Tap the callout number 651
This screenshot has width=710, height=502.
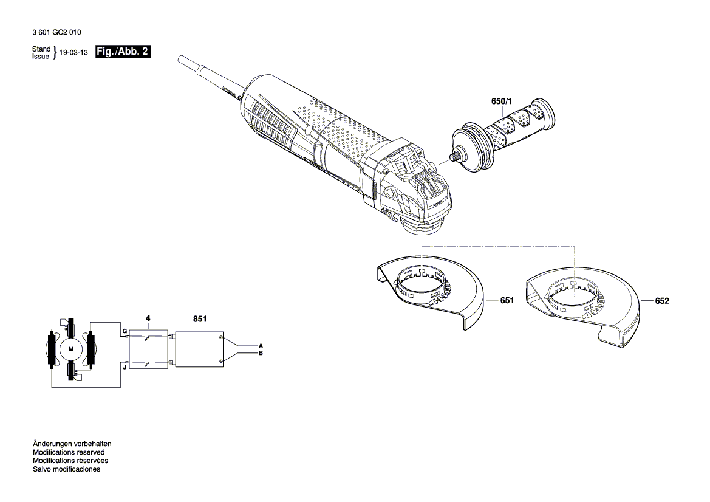[x=507, y=301]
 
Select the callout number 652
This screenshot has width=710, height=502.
[x=662, y=301]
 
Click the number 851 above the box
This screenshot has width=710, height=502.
[x=199, y=318]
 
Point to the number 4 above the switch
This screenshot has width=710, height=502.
[x=147, y=318]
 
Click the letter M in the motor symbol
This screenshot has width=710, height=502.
[x=70, y=349]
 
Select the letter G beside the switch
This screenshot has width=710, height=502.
[x=124, y=331]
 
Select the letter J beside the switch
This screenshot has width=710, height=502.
[x=124, y=366]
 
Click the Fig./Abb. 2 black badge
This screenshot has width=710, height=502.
[x=123, y=52]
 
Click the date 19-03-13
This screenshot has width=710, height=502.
[x=74, y=53]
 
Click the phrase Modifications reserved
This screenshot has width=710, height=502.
[x=69, y=452]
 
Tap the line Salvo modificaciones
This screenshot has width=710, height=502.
[x=66, y=469]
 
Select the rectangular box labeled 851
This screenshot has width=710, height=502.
[x=199, y=349]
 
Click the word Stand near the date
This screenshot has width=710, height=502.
[x=41, y=49]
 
